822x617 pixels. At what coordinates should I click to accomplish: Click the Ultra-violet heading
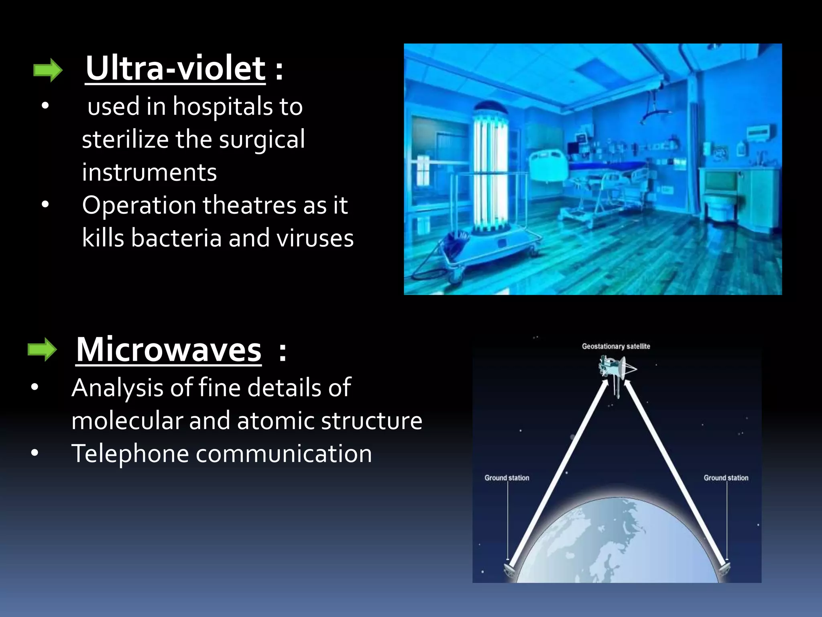(x=175, y=68)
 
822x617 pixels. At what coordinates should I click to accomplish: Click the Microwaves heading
(x=169, y=350)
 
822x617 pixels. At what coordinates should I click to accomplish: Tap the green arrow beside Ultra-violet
(x=48, y=70)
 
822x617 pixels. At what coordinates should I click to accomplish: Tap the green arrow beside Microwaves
(x=42, y=350)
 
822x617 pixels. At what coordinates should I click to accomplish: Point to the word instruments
(x=149, y=173)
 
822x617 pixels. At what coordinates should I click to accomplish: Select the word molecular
(x=126, y=421)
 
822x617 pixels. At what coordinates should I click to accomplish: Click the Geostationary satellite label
(x=616, y=346)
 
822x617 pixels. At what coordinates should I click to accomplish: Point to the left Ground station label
(x=507, y=478)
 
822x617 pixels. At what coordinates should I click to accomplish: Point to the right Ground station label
(x=726, y=478)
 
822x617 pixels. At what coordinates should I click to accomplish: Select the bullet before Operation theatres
(x=45, y=204)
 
